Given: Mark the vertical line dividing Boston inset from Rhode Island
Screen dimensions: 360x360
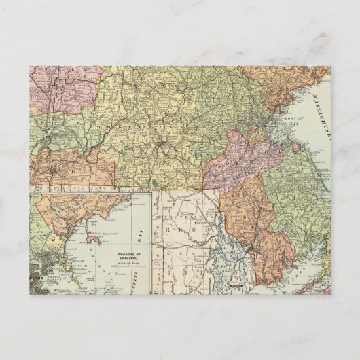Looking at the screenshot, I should pos(151,245).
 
